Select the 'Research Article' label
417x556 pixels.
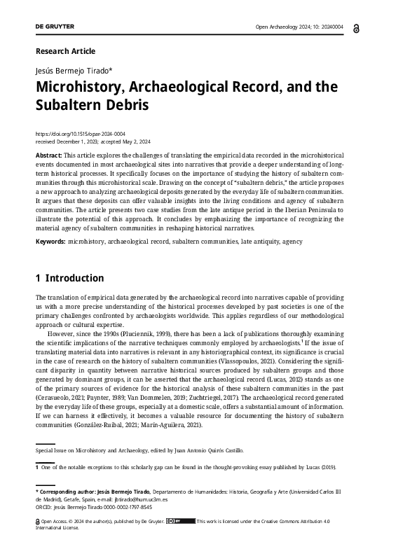pos(65,51)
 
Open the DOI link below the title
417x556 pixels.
pos(80,133)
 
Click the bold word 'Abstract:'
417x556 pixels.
pos(48,154)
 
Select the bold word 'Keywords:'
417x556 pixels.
pos(50,241)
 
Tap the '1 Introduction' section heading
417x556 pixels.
pos(69,278)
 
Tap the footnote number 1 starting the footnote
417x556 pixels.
pos(37,466)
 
